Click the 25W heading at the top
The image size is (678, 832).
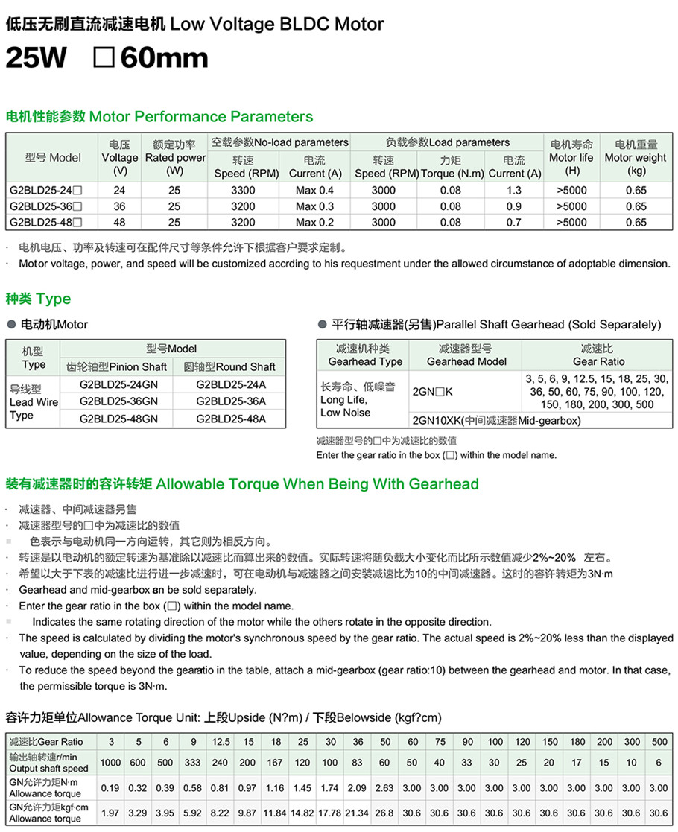35,58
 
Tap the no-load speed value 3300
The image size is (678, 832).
244,190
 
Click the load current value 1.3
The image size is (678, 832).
514,190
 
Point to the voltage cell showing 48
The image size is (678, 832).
119,222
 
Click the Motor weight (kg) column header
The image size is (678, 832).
636,157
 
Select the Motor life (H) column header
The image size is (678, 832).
571,157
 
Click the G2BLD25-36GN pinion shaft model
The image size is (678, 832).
118,401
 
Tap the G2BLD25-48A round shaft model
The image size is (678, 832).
231,419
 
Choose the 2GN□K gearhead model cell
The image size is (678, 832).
432,391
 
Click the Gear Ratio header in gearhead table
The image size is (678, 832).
599,355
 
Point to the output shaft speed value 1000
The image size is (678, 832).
111,763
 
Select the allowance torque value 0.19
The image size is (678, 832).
111,787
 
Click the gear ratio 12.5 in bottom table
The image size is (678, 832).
221,742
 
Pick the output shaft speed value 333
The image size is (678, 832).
193,763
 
